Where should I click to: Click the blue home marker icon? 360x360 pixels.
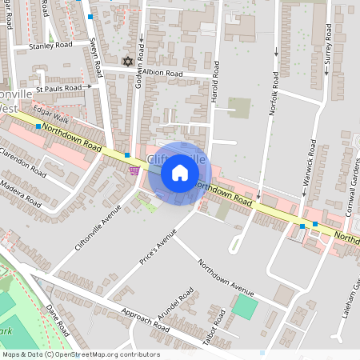(179, 173)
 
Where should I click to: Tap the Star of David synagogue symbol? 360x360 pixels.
(126, 61)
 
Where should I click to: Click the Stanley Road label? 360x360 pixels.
(50, 46)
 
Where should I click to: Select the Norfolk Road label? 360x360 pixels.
(274, 94)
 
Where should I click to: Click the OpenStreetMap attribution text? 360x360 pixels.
(81, 354)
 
